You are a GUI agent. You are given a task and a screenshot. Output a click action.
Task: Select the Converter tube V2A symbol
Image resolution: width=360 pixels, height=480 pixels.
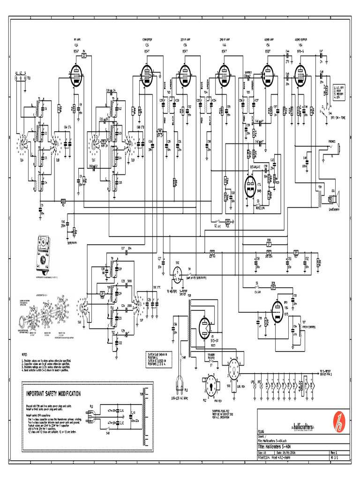pos(148,75)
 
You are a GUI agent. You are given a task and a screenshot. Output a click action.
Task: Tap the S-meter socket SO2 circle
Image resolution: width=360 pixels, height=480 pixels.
pos(177,274)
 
